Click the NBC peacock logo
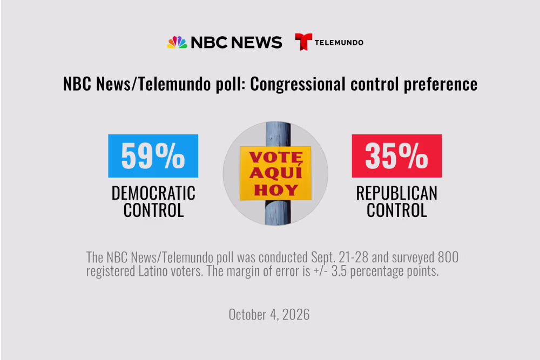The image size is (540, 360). pos(177,42)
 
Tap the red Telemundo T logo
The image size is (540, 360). pos(303,42)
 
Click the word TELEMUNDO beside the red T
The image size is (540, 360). pos(339,43)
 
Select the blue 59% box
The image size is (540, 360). pos(153,156)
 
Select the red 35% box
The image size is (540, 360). pos(397,156)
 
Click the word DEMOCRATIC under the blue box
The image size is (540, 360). pos(153,193)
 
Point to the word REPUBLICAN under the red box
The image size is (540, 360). pos(397,193)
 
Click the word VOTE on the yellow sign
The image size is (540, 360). pos(276,157)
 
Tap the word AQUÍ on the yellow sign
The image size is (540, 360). pos(276,172)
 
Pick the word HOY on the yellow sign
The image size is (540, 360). pos(276,189)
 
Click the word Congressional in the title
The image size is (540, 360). pos(298,84)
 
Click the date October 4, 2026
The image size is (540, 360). pos(269,315)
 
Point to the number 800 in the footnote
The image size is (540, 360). pos(448,257)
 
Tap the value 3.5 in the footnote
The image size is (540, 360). pos(339,271)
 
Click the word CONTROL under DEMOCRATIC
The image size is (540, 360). pos(153,210)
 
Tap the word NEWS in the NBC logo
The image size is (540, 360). pos(256,42)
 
